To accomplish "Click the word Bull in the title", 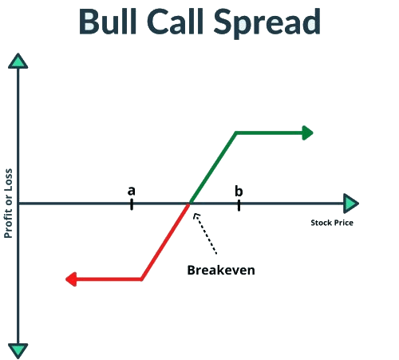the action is pyautogui.click(x=108, y=22).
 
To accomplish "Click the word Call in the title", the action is pyautogui.click(x=175, y=22).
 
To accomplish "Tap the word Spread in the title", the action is pyautogui.click(x=267, y=23).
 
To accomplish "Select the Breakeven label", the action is pyautogui.click(x=221, y=270).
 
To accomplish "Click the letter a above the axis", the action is pyautogui.click(x=132, y=191).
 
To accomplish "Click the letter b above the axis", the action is pyautogui.click(x=239, y=191).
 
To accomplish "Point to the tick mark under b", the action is pyautogui.click(x=239, y=205).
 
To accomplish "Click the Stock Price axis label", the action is pyautogui.click(x=332, y=223).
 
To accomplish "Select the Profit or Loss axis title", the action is pyautogui.click(x=8, y=204).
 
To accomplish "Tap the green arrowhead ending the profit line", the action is pyautogui.click(x=308, y=133).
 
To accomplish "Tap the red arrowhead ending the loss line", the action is pyautogui.click(x=71, y=279).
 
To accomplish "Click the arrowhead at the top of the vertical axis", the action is pyautogui.click(x=18, y=61).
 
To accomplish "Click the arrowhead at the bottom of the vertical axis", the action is pyautogui.click(x=18, y=350).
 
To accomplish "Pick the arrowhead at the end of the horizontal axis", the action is pyautogui.click(x=351, y=204).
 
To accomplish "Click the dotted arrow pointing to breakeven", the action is pyautogui.click(x=205, y=233).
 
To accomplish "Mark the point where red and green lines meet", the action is pyautogui.click(x=189, y=204).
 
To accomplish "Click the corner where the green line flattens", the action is pyautogui.click(x=236, y=133).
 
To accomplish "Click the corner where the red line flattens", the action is pyautogui.click(x=141, y=279).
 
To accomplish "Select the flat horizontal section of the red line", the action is pyautogui.click(x=106, y=279).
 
